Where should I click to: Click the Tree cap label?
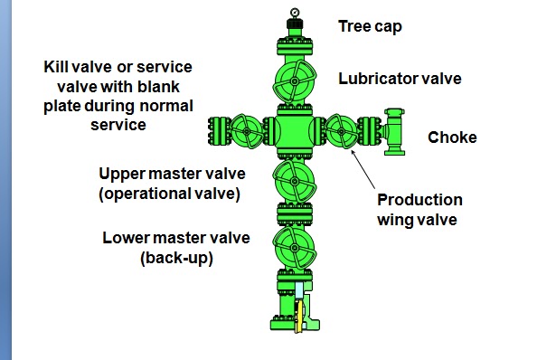[x=370, y=26]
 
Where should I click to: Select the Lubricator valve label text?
[x=400, y=79]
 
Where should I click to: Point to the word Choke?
[x=451, y=138]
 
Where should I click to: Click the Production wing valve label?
[x=419, y=208]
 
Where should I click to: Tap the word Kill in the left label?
[x=60, y=68]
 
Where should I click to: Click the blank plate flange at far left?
[x=214, y=132]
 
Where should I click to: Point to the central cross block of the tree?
[x=294, y=132]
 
